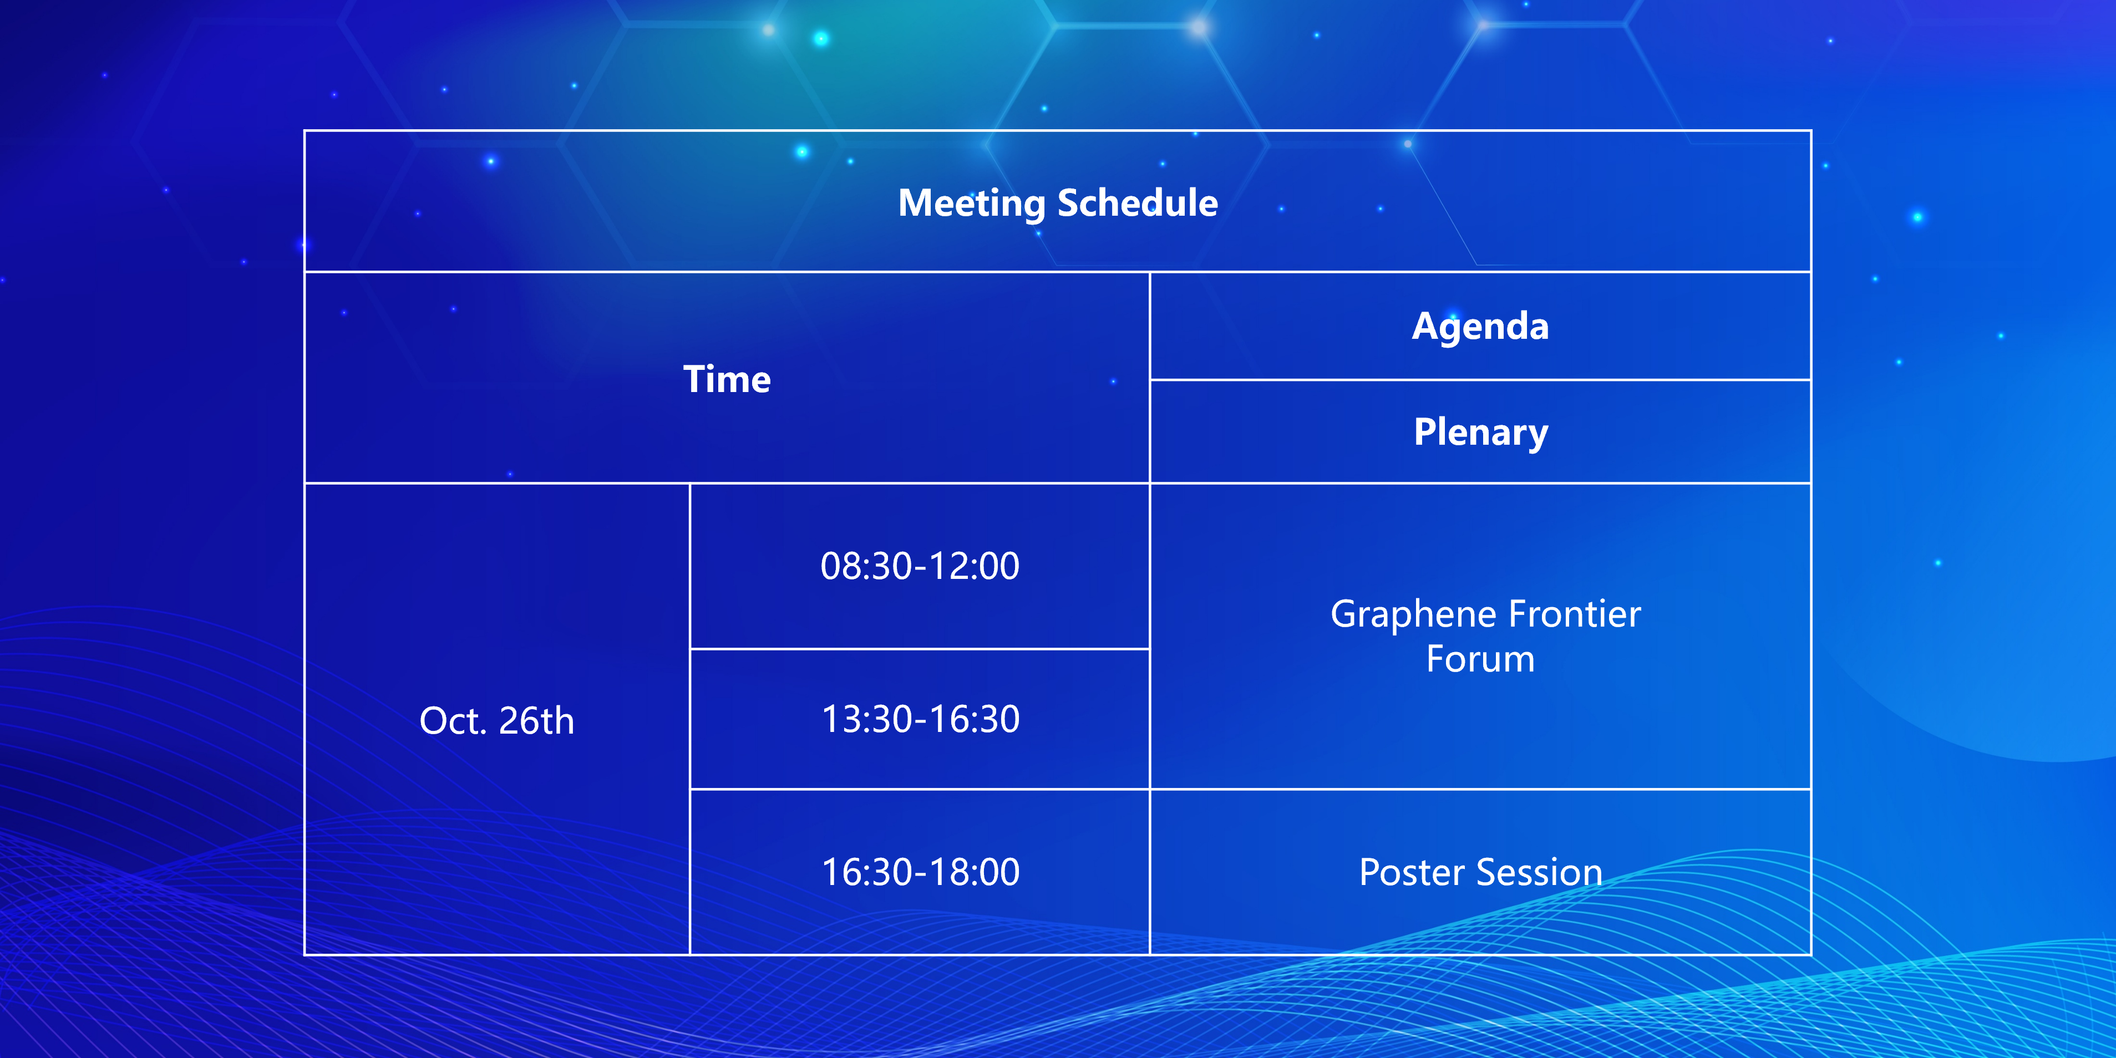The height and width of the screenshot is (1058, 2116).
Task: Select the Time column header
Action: pyautogui.click(x=727, y=379)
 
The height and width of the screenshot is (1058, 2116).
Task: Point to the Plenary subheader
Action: pyautogui.click(x=1481, y=433)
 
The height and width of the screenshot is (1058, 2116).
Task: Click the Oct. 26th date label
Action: pyautogui.click(x=497, y=720)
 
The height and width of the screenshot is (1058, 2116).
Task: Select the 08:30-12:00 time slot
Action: pyautogui.click(x=920, y=566)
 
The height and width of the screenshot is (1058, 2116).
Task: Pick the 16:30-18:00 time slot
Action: pyautogui.click(x=921, y=872)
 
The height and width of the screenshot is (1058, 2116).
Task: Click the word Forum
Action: pyautogui.click(x=1480, y=659)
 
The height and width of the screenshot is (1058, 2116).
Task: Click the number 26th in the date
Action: pyautogui.click(x=536, y=720)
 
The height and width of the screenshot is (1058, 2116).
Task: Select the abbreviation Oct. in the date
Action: pyautogui.click(x=454, y=720)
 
